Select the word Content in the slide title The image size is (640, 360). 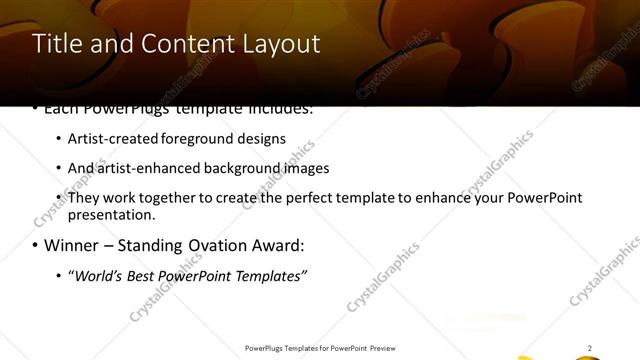point(179,44)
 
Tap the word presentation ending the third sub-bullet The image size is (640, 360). point(109,214)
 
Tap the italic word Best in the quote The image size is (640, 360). point(142,275)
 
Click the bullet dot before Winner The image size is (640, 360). point(35,245)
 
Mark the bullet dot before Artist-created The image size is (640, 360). point(58,139)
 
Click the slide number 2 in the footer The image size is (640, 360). point(589,348)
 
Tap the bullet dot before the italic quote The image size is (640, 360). point(58,275)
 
